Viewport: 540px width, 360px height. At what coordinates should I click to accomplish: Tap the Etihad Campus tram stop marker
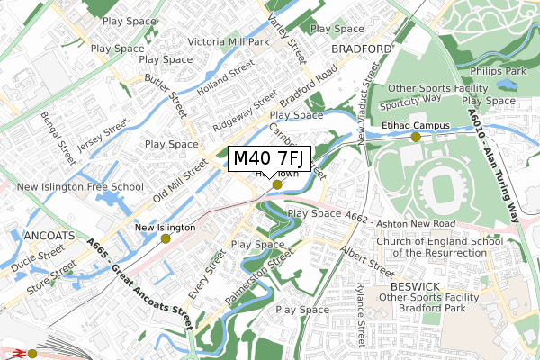click(416, 137)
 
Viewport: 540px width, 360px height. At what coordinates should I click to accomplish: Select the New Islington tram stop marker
click(166, 238)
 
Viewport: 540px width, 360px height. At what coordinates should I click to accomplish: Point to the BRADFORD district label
click(362, 49)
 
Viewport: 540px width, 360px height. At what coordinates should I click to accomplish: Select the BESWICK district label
click(415, 286)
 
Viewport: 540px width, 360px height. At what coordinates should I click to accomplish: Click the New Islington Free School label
click(82, 187)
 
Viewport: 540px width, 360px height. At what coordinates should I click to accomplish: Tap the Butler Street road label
click(165, 93)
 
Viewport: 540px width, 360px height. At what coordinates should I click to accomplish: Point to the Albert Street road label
click(366, 260)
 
